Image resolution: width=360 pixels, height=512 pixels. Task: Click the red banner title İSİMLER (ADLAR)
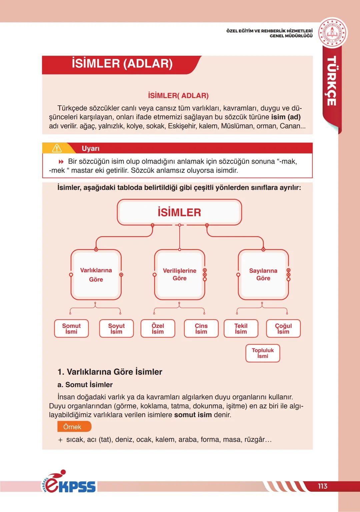(122, 64)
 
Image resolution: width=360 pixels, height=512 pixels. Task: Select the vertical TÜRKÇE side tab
(331, 81)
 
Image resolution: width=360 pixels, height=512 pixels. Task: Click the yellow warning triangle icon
(57, 148)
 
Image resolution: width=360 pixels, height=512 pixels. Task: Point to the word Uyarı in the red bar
(91, 149)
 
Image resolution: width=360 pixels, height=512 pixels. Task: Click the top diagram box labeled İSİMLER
(179, 212)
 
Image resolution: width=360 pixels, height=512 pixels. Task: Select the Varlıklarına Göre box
(96, 275)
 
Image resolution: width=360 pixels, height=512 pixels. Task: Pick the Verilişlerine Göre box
(179, 275)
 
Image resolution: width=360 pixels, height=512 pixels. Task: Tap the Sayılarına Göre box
(263, 275)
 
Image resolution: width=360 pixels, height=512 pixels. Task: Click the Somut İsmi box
(71, 329)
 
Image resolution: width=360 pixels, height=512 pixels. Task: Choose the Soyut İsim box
(116, 329)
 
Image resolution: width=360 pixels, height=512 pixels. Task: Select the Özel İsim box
(158, 329)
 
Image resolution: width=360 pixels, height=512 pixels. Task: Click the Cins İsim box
(201, 329)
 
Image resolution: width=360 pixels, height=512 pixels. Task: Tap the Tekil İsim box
(241, 329)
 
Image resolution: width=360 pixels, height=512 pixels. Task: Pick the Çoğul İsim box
(283, 329)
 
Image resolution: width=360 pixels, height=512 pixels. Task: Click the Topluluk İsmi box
(263, 353)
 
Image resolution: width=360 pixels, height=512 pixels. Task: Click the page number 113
(322, 486)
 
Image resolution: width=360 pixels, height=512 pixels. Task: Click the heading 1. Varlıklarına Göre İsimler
(110, 372)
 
